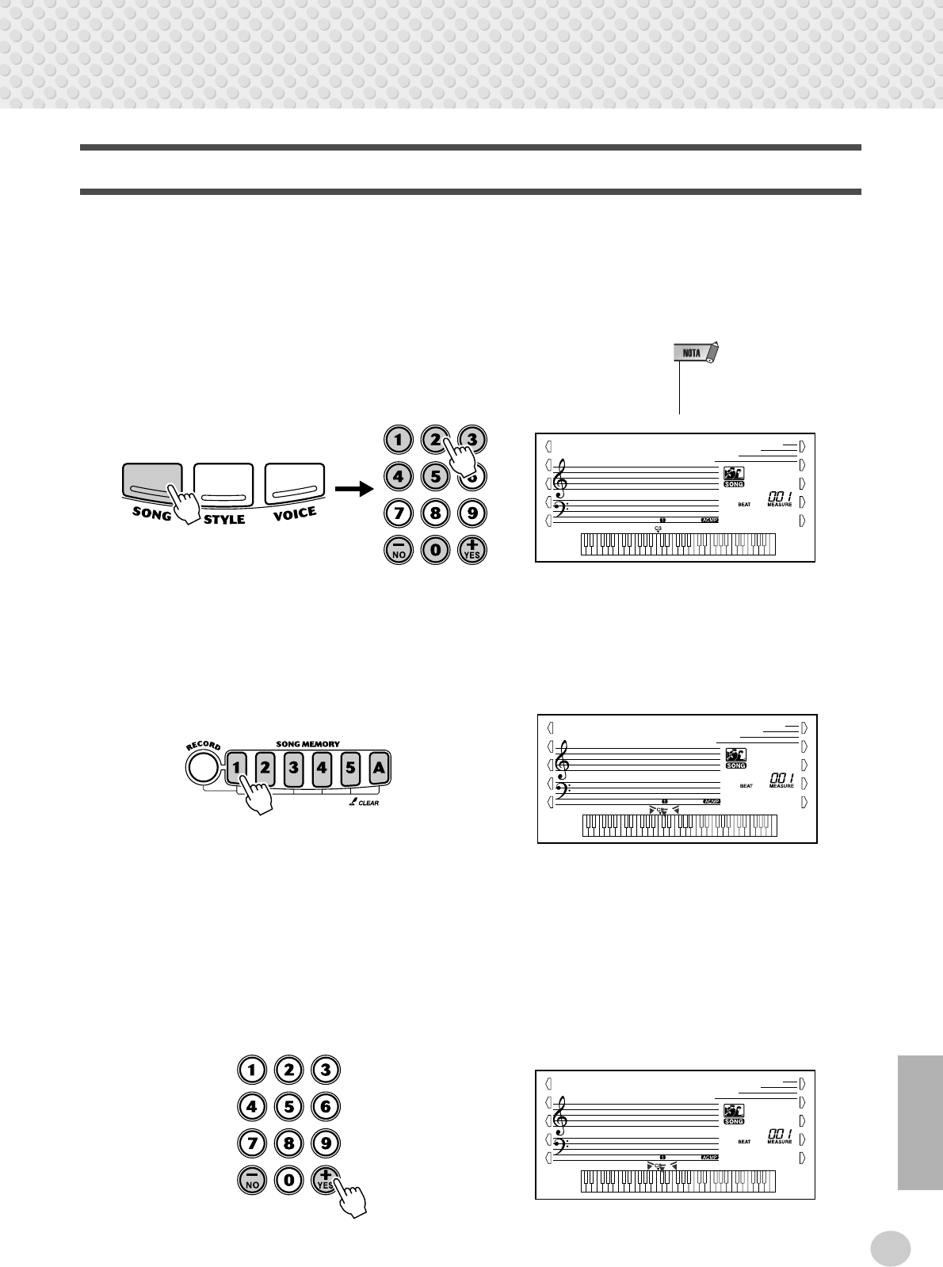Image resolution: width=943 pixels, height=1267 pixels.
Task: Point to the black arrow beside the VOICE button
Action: coord(353,489)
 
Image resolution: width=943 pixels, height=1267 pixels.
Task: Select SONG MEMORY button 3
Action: coord(293,768)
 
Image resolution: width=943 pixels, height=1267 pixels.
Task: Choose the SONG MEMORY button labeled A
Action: coord(379,768)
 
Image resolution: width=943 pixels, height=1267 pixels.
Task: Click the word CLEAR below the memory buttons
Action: coord(368,803)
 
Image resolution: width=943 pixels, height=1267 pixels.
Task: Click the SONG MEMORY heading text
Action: coord(307,744)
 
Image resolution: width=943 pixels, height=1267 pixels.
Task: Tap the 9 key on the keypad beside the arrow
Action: coord(472,513)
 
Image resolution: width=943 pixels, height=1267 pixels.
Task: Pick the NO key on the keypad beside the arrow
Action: coord(399,550)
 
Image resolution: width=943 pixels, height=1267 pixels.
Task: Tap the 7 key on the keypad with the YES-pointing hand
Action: coord(252,1143)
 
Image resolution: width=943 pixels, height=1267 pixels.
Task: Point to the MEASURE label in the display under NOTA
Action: coord(779,505)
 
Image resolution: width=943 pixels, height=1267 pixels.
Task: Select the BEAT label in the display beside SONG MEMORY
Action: coord(746,786)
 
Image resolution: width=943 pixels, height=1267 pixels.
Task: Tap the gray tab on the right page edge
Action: coord(920,1122)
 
